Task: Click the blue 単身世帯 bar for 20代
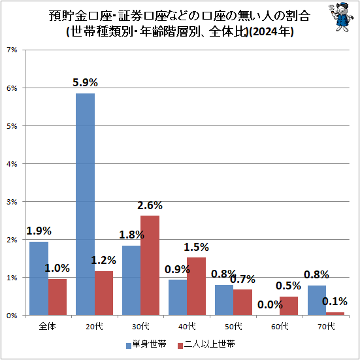pos(85,204)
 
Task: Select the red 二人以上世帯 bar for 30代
pos(150,265)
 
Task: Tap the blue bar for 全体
pos(39,278)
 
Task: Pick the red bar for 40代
pos(196,286)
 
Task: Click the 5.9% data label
pos(85,82)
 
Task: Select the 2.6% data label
pos(150,205)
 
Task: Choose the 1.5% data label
pos(196,247)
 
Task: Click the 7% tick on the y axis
pos(12,50)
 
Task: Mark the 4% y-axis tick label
pos(12,164)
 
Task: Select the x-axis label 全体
pos(48,325)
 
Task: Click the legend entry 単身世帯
pos(144,342)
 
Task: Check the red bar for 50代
pos(242,302)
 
